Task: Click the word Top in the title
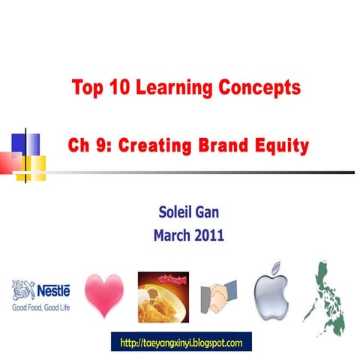(x=88, y=87)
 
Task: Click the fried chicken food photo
(x=163, y=295)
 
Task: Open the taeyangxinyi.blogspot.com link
(x=181, y=343)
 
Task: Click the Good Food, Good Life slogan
(x=40, y=307)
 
